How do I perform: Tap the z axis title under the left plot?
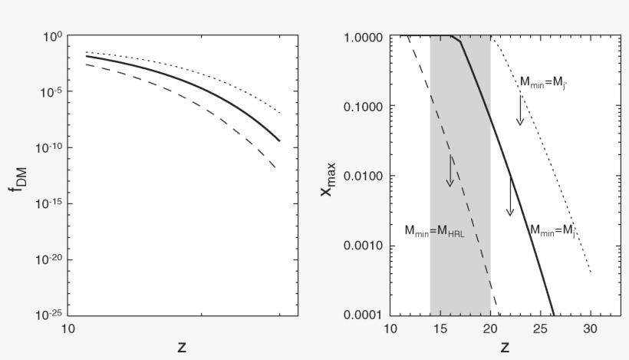(x=182, y=346)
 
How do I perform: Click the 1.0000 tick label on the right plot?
(x=365, y=36)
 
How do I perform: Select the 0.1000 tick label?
(x=365, y=106)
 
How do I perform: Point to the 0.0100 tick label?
(x=365, y=176)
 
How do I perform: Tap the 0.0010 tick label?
(x=365, y=246)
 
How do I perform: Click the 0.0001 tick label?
(x=365, y=315)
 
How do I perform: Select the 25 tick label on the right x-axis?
(x=540, y=329)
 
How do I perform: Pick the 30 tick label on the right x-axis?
(x=590, y=329)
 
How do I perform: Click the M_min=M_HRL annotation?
(x=434, y=230)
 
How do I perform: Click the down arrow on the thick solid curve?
(x=509, y=196)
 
